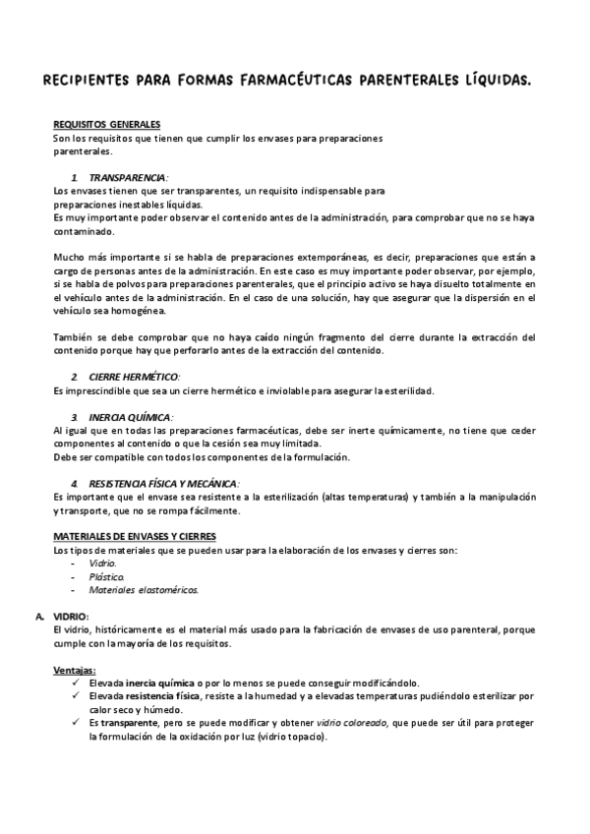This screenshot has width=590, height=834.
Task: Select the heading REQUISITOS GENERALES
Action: [x=107, y=125]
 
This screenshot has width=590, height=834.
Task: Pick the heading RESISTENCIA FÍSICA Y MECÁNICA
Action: [x=162, y=484]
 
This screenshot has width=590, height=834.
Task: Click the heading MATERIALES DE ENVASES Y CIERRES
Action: [x=134, y=536]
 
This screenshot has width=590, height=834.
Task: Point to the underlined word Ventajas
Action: [x=75, y=670]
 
